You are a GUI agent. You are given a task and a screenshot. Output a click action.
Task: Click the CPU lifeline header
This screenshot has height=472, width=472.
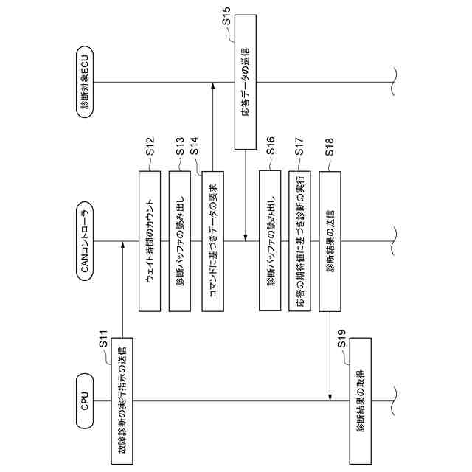click(85, 401)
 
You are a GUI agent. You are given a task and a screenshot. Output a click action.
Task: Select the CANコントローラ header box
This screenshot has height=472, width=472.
click(85, 241)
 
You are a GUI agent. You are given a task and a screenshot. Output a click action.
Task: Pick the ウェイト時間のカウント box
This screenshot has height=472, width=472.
click(150, 241)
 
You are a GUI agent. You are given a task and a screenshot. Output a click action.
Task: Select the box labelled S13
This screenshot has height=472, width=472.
click(180, 241)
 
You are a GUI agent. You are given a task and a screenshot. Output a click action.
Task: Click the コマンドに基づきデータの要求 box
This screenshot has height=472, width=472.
click(211, 241)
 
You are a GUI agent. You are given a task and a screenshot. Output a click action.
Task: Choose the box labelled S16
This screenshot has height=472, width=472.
click(270, 241)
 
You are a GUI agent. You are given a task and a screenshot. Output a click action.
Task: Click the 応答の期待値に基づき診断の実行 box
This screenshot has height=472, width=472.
click(299, 241)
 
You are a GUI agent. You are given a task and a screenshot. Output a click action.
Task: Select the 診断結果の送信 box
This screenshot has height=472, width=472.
click(330, 241)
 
